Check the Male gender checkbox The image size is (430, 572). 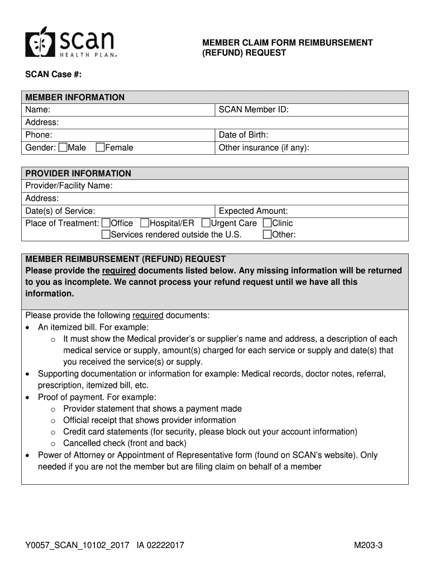pos(63,148)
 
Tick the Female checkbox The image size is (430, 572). pos(101,148)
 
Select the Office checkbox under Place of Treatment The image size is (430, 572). pos(106,223)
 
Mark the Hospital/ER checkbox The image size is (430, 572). pos(145,223)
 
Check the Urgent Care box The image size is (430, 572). pos(206,223)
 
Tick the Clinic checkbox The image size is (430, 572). pos(267,223)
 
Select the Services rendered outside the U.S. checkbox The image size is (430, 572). pos(106,235)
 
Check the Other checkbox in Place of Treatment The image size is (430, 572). pos(267,235)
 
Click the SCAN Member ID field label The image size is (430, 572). pos(254,109)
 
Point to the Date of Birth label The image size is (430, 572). pos(243,135)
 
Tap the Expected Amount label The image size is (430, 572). pos(253,211)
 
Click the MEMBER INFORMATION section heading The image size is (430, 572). pos(75,97)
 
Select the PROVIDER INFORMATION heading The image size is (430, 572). pos(78,173)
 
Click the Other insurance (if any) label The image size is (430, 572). pos(264,148)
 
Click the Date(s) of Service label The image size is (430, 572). pos(60,211)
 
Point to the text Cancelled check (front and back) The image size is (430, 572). pos(125,444)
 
